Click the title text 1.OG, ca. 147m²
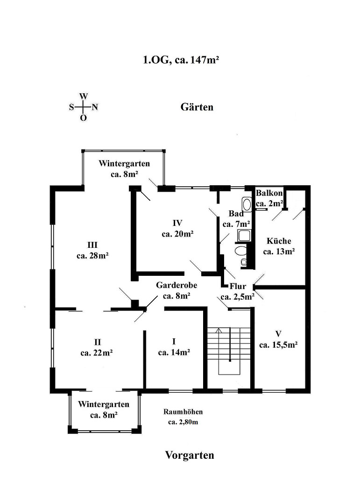pyautogui.click(x=181, y=60)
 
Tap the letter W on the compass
pyautogui.click(x=83, y=96)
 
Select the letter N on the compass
pyautogui.click(x=95, y=107)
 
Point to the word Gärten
pyautogui.click(x=197, y=107)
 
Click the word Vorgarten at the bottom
pyautogui.click(x=190, y=455)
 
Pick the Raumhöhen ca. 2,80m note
pyautogui.click(x=183, y=417)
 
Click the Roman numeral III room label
pyautogui.click(x=92, y=245)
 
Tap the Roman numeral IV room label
pyautogui.click(x=177, y=223)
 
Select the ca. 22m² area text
pyautogui.click(x=97, y=353)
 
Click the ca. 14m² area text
pyautogui.click(x=174, y=352)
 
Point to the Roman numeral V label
pyautogui.click(x=278, y=334)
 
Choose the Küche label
pyautogui.click(x=279, y=241)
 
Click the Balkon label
pyautogui.click(x=269, y=193)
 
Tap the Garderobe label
pyautogui.click(x=176, y=285)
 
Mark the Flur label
pyautogui.click(x=238, y=286)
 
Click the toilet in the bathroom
pyautogui.click(x=240, y=251)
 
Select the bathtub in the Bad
pyautogui.click(x=247, y=204)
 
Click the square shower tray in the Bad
pyautogui.click(x=244, y=236)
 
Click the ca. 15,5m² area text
pyautogui.click(x=278, y=345)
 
